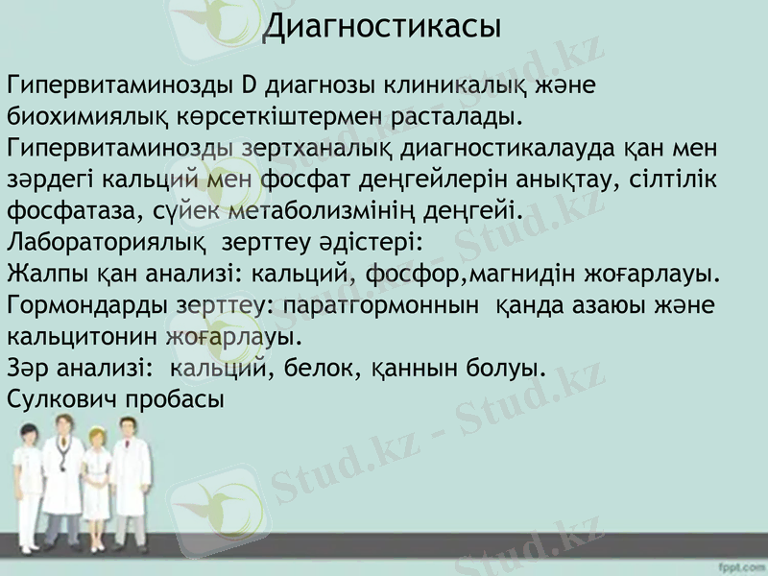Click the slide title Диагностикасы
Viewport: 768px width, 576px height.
(382, 26)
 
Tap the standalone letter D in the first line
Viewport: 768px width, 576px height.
(248, 85)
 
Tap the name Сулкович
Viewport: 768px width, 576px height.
(63, 398)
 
